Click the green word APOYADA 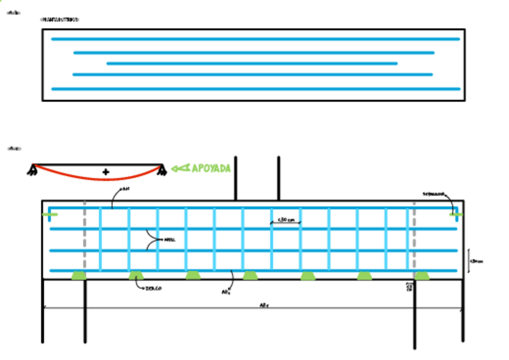[211, 169]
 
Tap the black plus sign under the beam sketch [106, 172]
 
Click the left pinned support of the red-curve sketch [31, 172]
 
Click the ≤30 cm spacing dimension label [286, 220]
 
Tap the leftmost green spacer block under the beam [78, 275]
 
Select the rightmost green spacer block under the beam [423, 275]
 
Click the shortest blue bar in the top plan [251, 63]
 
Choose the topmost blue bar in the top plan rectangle [256, 39]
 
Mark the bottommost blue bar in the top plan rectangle [256, 89]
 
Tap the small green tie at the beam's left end [50, 214]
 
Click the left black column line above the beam [235, 178]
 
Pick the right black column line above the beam [279, 178]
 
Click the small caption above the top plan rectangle [59, 20]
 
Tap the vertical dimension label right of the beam [477, 262]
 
